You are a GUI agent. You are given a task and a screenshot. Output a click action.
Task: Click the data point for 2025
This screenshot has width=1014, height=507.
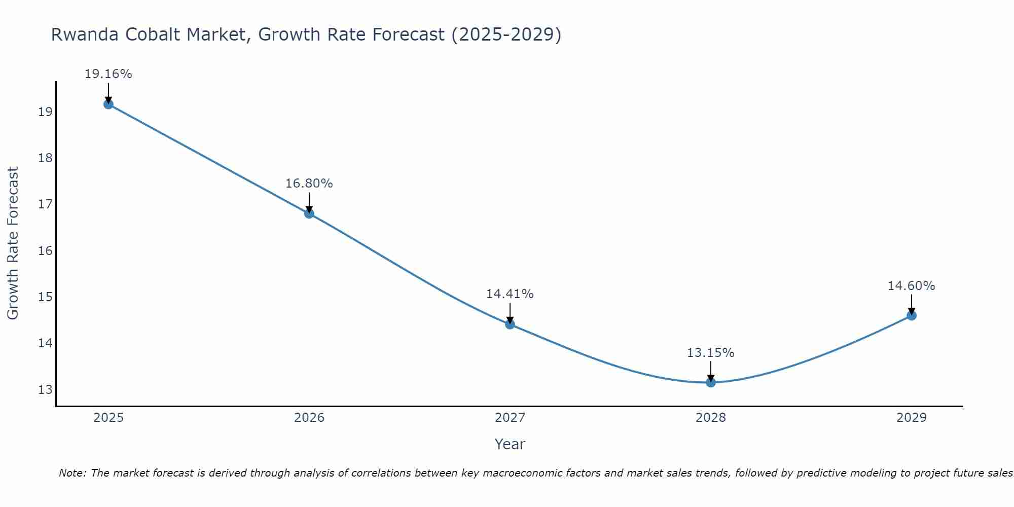click(x=108, y=104)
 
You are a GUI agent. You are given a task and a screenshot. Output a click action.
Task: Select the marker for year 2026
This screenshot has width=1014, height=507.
click(x=309, y=213)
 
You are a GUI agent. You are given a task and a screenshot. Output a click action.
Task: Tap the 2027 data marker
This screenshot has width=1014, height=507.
click(x=510, y=324)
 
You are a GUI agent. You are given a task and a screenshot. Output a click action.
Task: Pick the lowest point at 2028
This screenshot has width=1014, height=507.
click(x=710, y=382)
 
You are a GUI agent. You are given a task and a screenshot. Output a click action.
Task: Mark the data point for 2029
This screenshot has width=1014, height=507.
click(x=911, y=315)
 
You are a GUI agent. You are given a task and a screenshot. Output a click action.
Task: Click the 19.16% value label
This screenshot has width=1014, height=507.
click(x=108, y=74)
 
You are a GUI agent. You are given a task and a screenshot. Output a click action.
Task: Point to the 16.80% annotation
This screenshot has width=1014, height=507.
click(x=309, y=184)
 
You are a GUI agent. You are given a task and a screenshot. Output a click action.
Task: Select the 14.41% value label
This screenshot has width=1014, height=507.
click(x=510, y=294)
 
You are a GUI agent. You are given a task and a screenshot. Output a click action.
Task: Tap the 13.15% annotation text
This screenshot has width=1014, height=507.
click(x=710, y=353)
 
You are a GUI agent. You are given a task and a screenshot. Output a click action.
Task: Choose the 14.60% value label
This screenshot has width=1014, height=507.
click(x=911, y=286)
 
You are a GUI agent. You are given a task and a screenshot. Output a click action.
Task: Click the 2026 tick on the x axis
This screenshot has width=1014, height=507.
click(x=309, y=418)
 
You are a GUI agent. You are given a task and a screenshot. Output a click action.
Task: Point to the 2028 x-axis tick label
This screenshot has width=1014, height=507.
click(x=710, y=418)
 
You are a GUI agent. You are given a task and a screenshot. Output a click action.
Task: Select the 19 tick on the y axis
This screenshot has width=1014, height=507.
click(x=45, y=112)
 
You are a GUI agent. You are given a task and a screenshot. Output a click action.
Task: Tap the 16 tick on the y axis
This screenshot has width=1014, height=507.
click(x=45, y=251)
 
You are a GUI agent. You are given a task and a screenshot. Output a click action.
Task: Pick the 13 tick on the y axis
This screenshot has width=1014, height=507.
click(x=45, y=390)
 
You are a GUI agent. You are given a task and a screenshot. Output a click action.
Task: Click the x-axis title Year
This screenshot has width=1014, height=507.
click(x=510, y=444)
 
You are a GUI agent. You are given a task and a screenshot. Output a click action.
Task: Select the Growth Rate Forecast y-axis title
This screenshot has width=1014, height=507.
click(x=13, y=243)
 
